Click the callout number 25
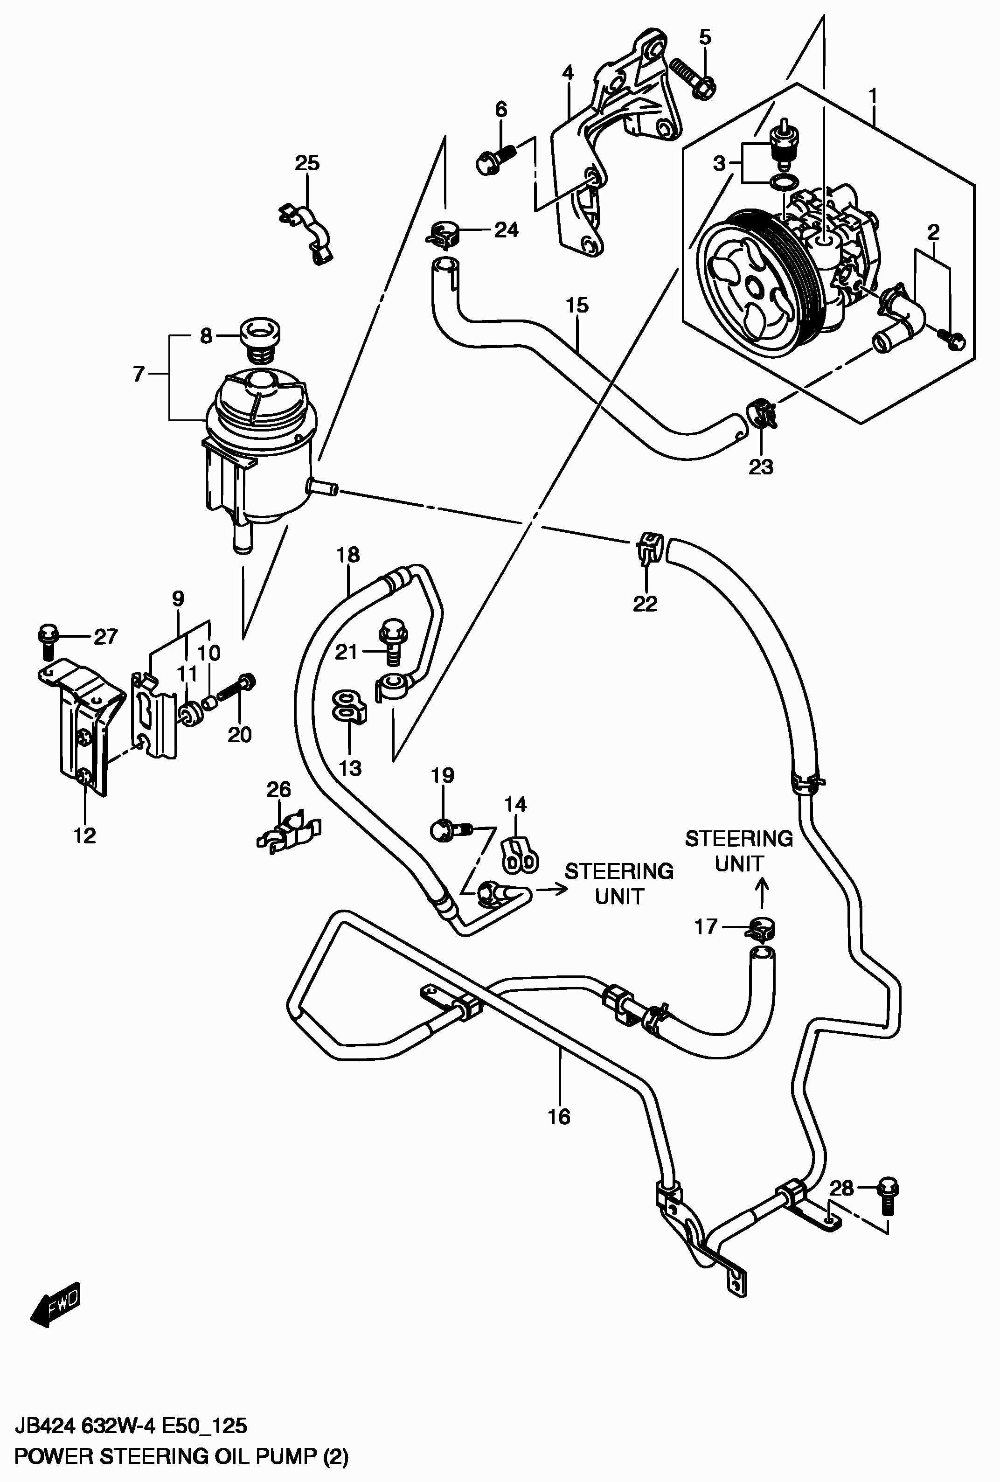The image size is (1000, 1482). coord(307,163)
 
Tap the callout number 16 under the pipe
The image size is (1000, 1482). coord(559,1117)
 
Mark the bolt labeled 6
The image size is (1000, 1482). coord(493,159)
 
